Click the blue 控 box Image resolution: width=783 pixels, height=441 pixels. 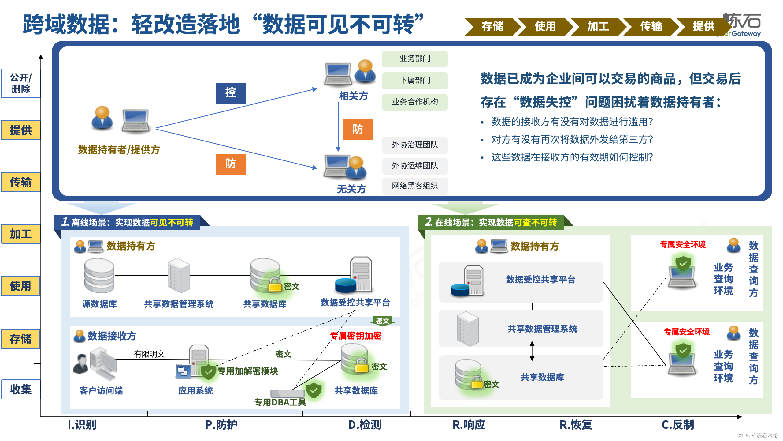[231, 93]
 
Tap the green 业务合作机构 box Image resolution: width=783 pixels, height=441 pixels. [414, 102]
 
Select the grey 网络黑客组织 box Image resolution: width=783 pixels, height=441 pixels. [414, 186]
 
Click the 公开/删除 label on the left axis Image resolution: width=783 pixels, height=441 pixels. [21, 83]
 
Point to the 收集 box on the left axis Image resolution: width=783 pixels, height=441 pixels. [21, 389]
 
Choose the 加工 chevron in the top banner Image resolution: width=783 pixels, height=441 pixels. [598, 27]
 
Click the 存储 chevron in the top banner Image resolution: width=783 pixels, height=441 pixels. [492, 27]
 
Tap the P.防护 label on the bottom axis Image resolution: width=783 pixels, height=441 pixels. [221, 425]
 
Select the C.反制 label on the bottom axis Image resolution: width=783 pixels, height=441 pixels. [678, 425]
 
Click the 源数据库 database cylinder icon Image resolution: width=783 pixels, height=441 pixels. [99, 275]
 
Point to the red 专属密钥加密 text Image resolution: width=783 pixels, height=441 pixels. [356, 336]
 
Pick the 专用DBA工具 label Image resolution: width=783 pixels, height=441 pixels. [280, 402]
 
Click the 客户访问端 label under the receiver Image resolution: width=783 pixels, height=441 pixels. [101, 391]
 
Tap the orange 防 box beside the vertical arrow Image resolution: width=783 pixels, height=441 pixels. [358, 130]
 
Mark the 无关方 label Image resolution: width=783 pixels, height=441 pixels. [351, 189]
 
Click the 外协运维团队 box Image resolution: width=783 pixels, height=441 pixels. [414, 166]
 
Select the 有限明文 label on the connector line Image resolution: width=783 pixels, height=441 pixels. [149, 354]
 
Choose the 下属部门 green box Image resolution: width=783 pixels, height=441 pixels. [414, 80]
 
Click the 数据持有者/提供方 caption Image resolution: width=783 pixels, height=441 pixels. [119, 150]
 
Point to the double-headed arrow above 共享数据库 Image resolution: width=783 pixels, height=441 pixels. [532, 351]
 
